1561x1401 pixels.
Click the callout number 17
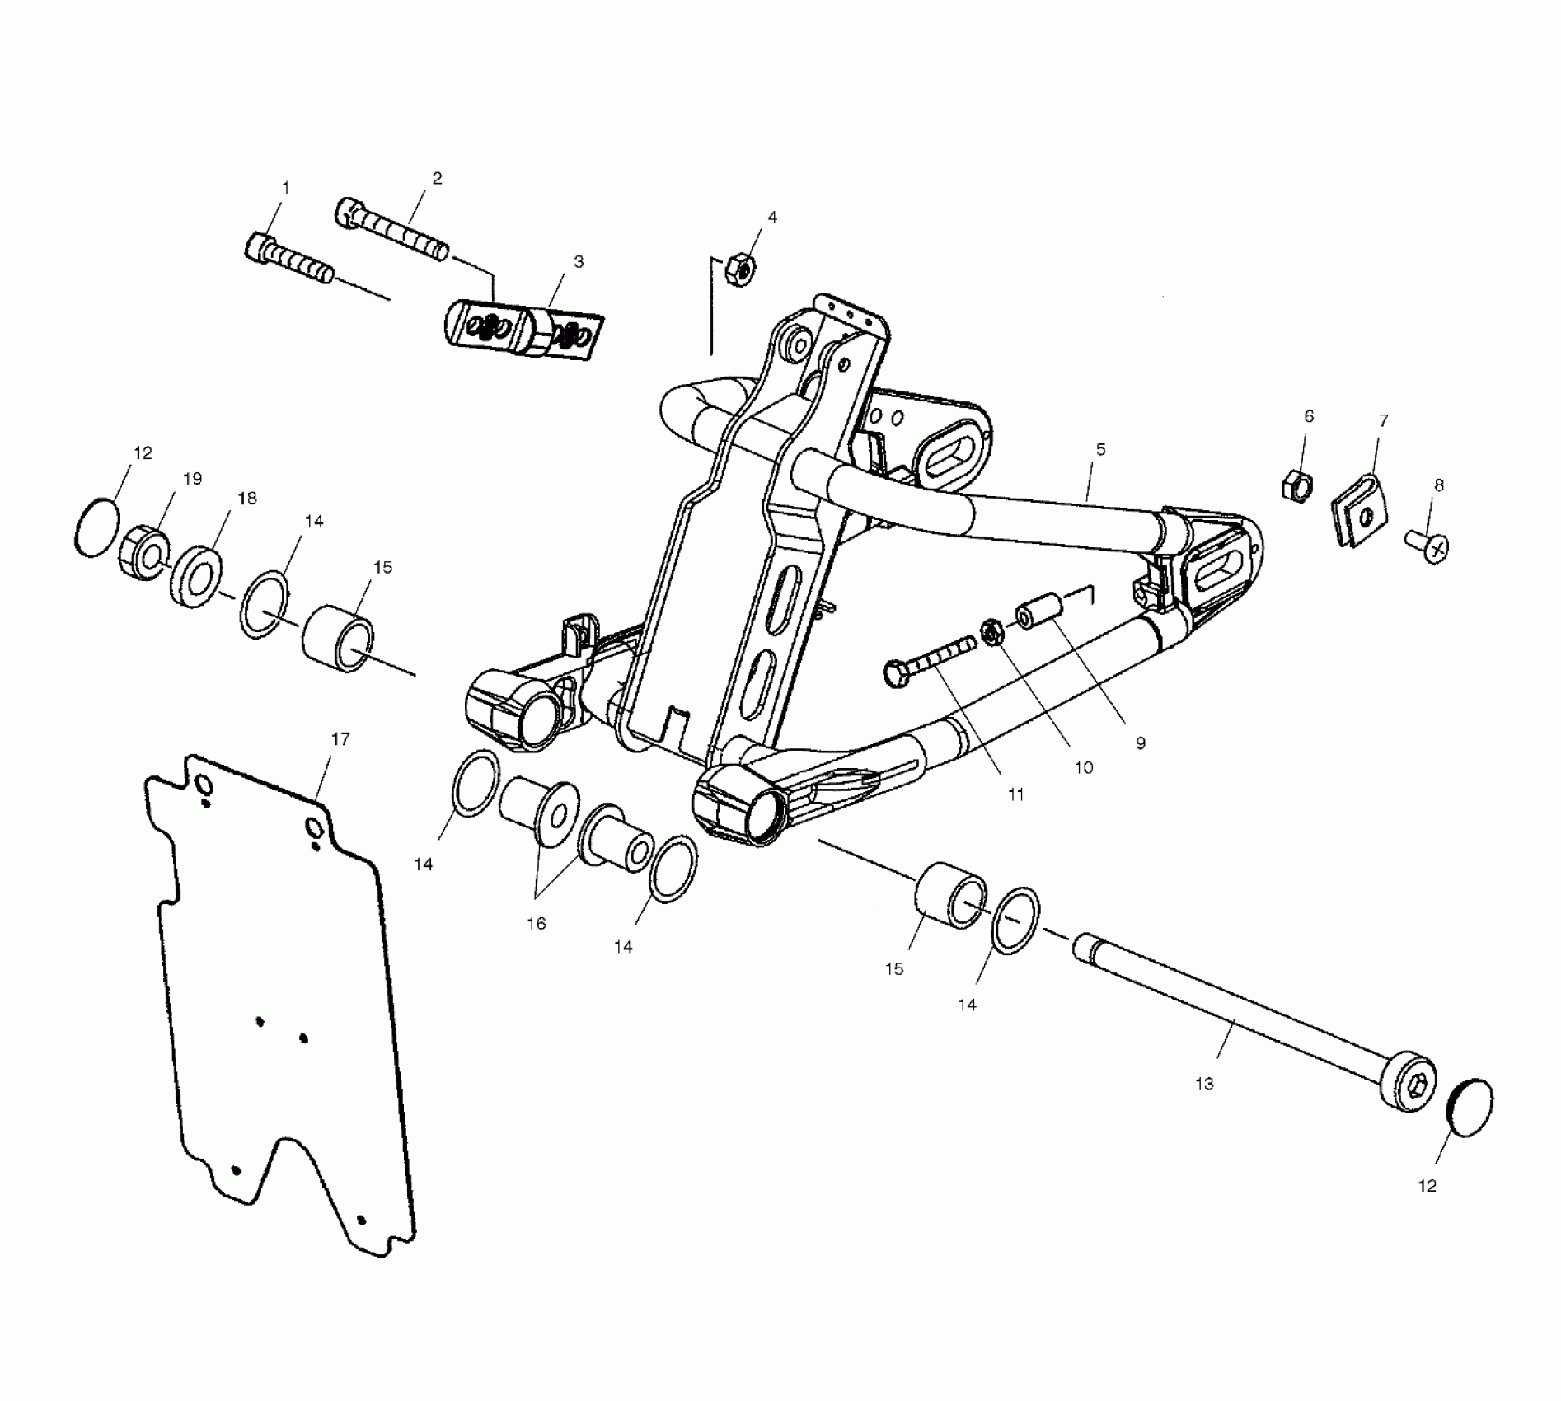(340, 739)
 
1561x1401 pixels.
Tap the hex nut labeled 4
(739, 269)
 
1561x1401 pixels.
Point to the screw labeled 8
(1427, 545)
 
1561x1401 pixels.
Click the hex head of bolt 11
(896, 673)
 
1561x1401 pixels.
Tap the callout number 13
(1204, 1084)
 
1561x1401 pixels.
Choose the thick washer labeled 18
(195, 575)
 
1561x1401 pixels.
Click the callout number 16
(537, 924)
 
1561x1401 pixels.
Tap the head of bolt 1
(259, 246)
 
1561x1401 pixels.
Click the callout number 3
(579, 261)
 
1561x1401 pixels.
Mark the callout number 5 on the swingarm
(1100, 449)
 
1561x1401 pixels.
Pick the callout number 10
(1083, 767)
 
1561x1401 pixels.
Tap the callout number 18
(246, 498)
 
